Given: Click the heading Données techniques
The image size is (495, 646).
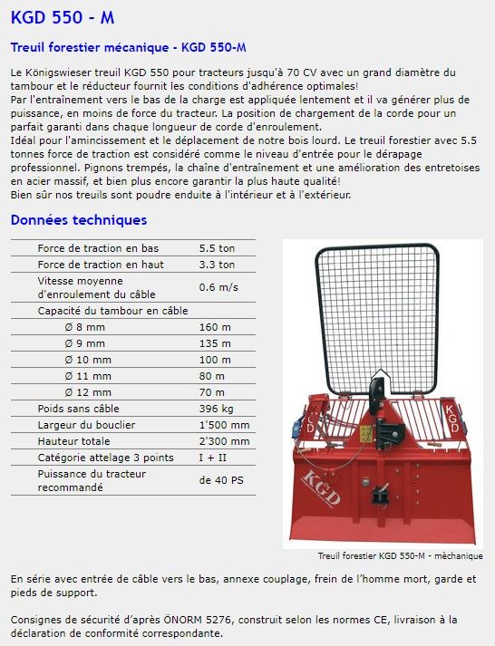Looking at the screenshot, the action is [x=78, y=220].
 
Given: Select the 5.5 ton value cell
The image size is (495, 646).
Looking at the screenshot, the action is [x=217, y=248].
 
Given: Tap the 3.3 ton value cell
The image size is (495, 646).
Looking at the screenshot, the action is [x=217, y=265].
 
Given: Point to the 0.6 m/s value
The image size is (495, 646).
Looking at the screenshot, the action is [x=218, y=287].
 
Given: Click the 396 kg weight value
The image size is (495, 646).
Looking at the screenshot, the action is [x=216, y=409].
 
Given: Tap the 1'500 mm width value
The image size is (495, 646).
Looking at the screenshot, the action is [x=224, y=425].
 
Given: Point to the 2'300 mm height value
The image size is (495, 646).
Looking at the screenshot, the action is [x=224, y=441].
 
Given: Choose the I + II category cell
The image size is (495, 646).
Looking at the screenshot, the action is [x=214, y=458].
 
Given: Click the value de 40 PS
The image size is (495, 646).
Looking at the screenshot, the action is [x=221, y=480].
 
